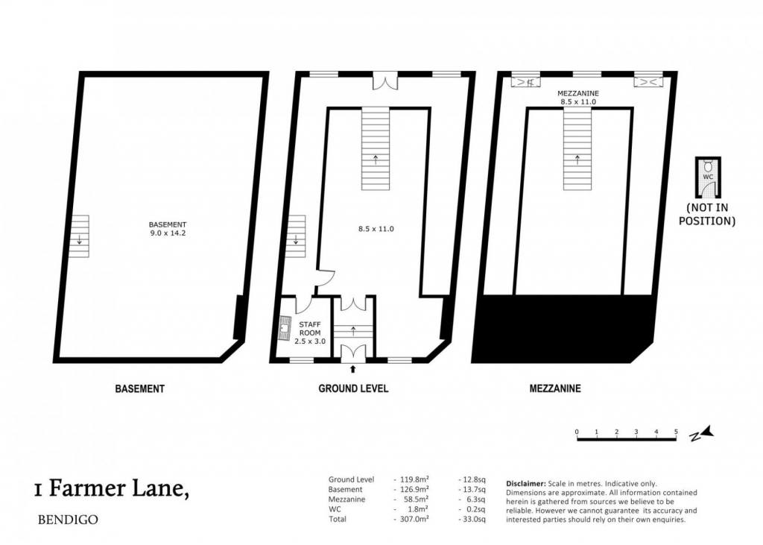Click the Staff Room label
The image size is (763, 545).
pos(310,329)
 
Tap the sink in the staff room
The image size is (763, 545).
pos(284,328)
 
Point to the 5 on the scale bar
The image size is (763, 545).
pos(676,432)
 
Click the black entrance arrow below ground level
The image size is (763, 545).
pos(352,369)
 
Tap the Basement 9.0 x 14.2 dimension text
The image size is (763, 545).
pos(168,229)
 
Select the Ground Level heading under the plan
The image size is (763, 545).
pos(353,388)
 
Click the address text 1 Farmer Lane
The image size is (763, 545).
pos(112,488)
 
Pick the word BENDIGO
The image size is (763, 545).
pos(68,520)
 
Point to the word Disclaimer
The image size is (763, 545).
pos(526,484)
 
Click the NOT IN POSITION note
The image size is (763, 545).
pos(707,214)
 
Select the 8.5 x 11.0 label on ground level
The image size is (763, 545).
pos(376,228)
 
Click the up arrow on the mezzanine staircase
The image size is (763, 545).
pos(577,160)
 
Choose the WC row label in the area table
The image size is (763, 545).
pos(335,509)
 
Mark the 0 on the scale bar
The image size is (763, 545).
pos(577,432)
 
